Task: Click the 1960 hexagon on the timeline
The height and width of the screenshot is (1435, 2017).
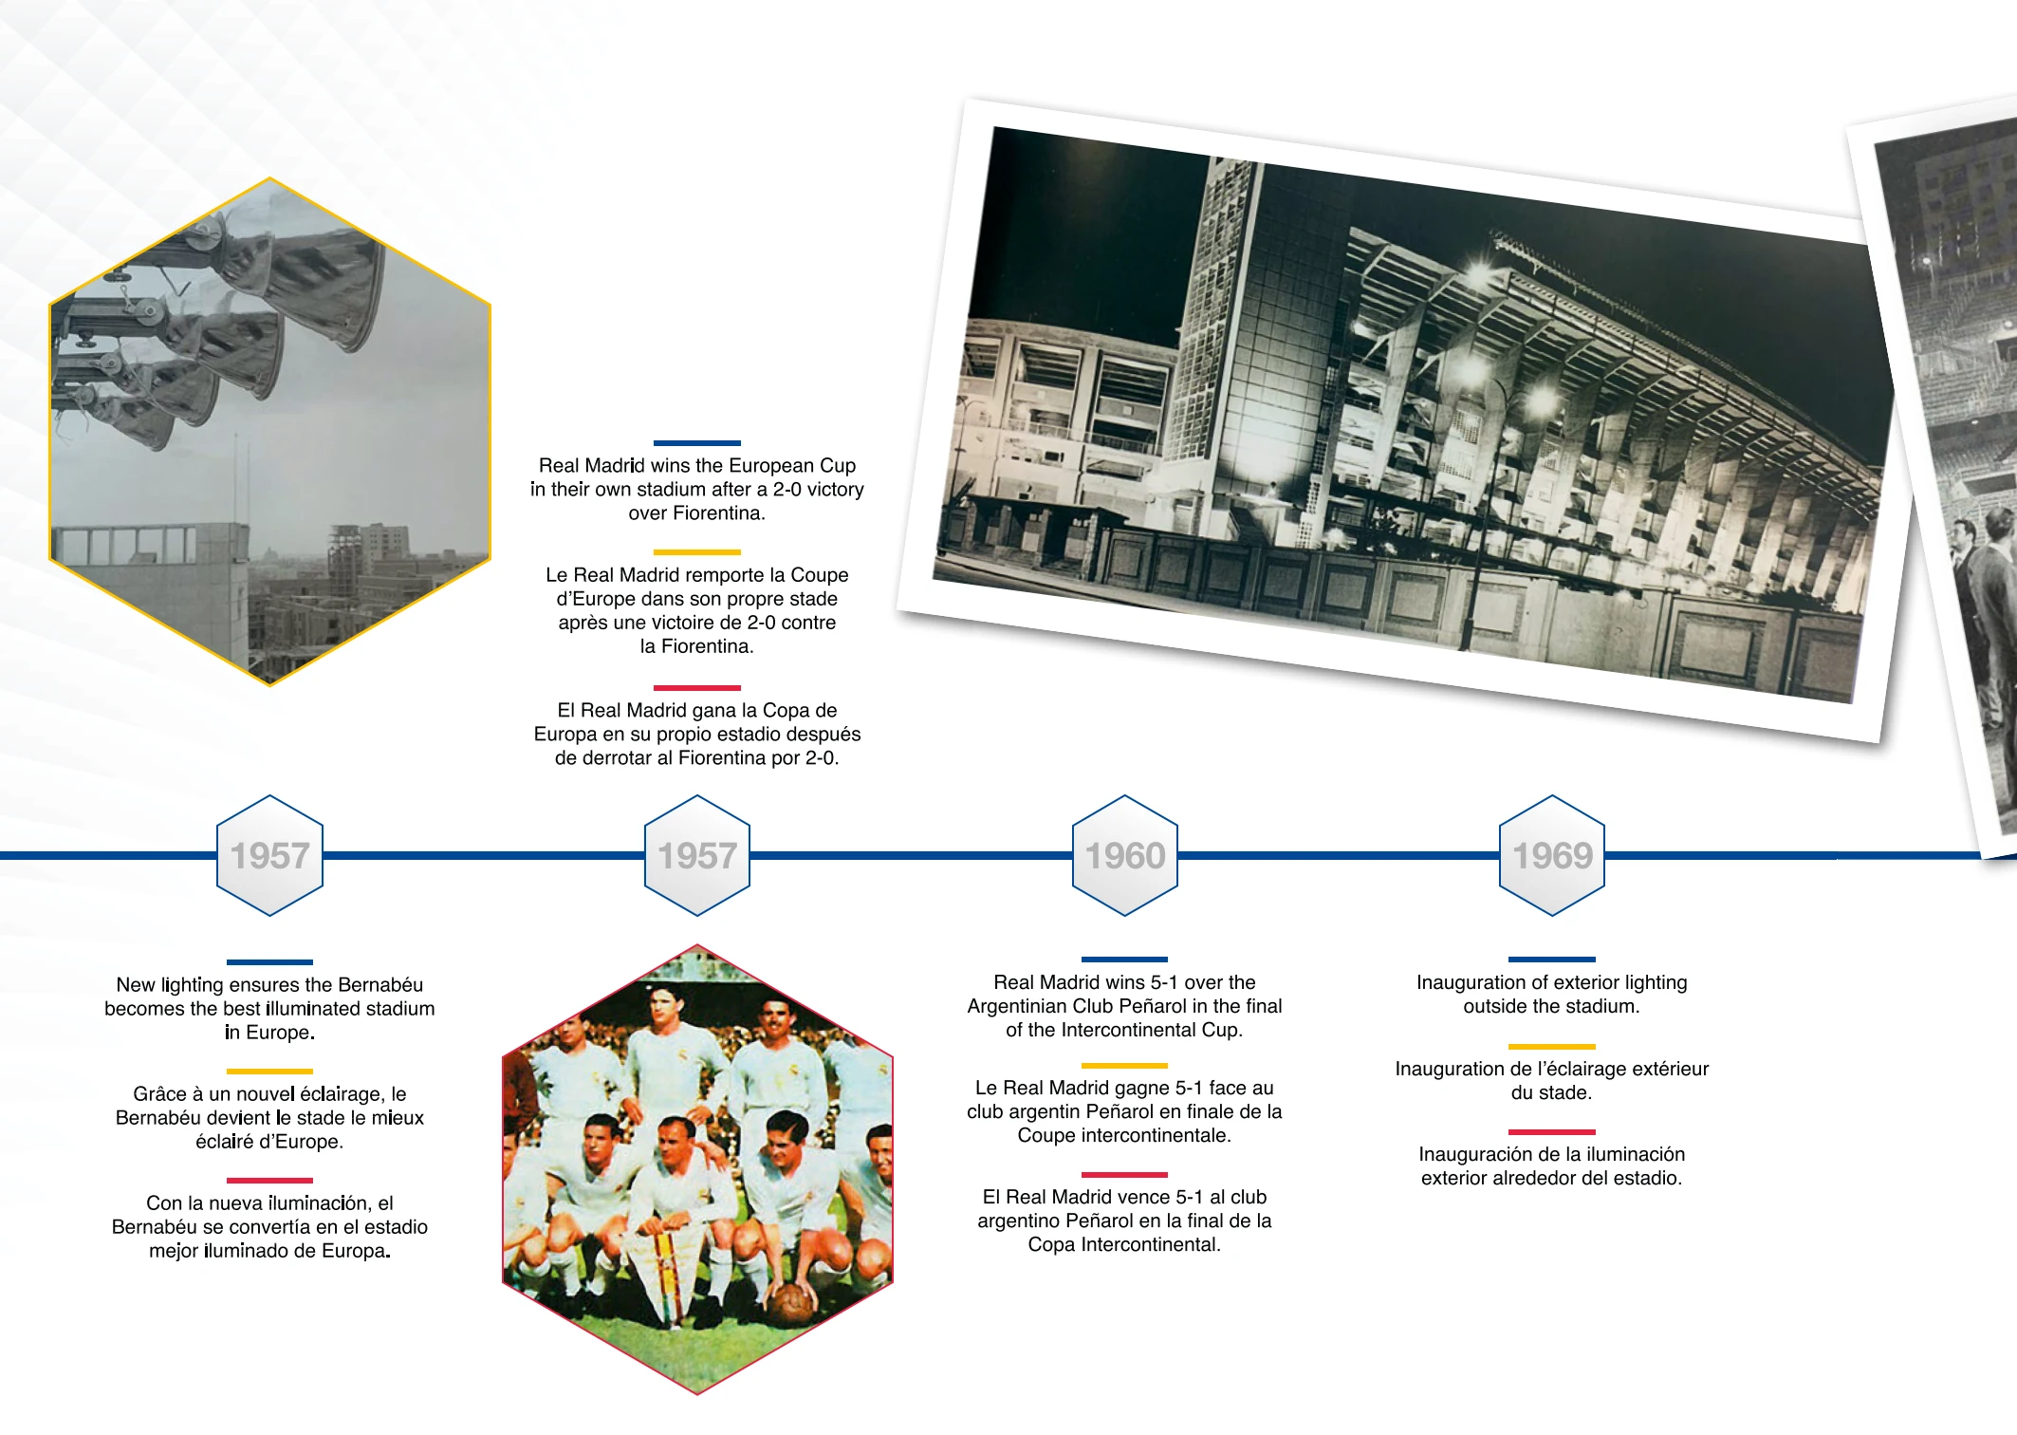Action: click(x=1124, y=855)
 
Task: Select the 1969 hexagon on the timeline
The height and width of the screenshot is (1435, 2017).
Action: click(x=1552, y=855)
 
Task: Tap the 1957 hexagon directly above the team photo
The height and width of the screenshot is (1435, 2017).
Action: click(x=697, y=855)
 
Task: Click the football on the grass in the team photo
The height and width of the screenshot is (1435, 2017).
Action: click(x=790, y=1303)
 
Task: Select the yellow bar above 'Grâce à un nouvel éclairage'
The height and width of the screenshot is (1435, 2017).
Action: click(x=269, y=1072)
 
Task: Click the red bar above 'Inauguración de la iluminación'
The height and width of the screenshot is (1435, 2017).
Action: click(x=1552, y=1132)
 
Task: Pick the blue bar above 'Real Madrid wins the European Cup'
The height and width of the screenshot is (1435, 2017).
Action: click(x=697, y=443)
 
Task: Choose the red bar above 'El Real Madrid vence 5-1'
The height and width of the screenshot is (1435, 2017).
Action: click(x=1124, y=1175)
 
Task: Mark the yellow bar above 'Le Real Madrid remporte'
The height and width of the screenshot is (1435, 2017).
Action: click(x=697, y=552)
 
